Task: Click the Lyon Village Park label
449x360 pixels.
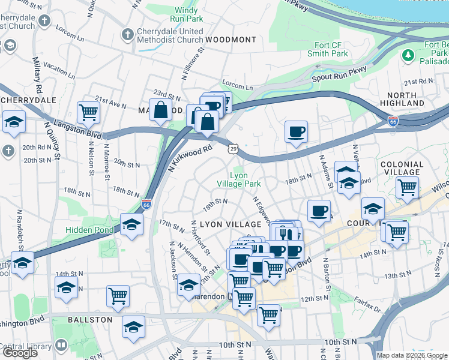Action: tap(238, 179)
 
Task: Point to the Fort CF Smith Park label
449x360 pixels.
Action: tap(331, 49)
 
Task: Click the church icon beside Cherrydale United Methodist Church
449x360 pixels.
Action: tap(127, 35)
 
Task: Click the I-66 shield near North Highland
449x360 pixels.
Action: tap(393, 121)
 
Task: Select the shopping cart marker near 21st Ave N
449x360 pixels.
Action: tap(88, 112)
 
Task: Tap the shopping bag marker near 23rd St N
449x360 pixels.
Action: tap(161, 110)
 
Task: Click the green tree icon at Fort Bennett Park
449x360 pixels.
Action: tap(409, 56)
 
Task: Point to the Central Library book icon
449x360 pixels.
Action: tap(61, 346)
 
